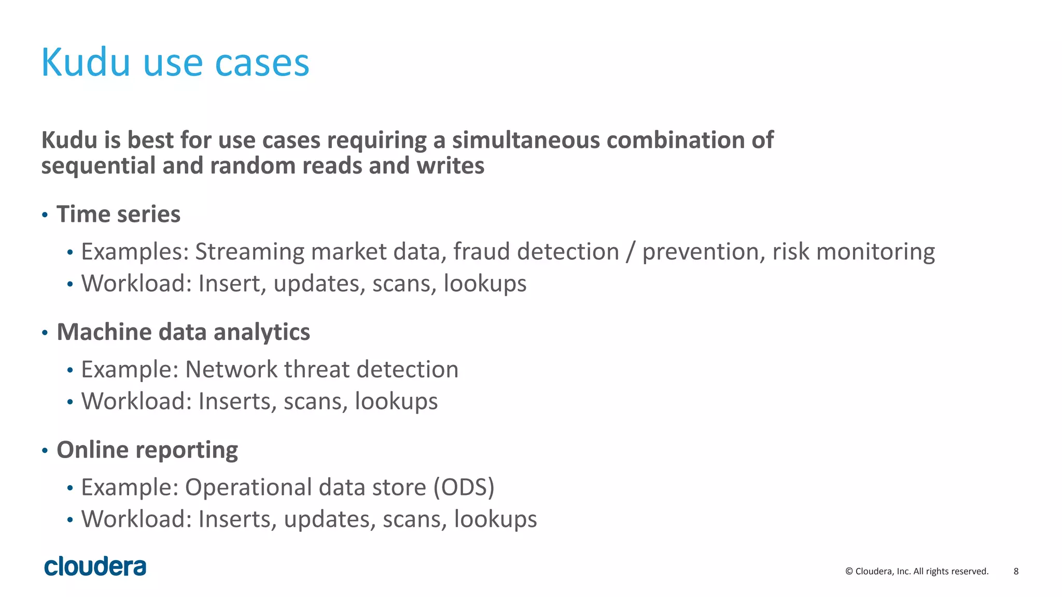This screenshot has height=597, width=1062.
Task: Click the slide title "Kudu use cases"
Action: [175, 62]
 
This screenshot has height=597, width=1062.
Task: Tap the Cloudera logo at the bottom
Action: [95, 566]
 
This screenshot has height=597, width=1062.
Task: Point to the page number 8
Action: [1016, 571]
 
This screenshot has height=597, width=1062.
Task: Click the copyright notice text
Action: [917, 571]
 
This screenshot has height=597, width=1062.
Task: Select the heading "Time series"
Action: [118, 214]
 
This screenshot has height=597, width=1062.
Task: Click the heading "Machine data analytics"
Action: [183, 332]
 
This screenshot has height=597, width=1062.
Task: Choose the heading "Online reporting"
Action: [147, 449]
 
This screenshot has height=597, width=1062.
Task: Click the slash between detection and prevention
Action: [630, 252]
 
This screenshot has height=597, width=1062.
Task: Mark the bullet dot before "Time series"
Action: [45, 215]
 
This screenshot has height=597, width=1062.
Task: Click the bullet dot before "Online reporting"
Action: [45, 450]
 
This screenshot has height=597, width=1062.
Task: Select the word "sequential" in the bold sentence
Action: [98, 166]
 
